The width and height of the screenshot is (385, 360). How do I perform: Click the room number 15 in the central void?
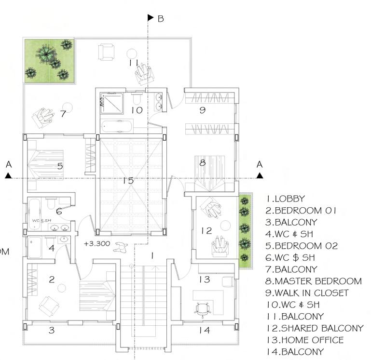pos(128,181)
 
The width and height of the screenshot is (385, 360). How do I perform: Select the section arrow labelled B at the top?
pos(150,18)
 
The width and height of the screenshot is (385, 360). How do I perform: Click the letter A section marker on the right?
pos(260,165)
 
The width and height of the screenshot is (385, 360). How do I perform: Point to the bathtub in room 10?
pos(116,127)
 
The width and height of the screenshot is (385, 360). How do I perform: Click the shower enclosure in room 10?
pos(111,102)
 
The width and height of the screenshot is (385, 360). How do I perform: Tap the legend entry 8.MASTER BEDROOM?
pos(314,281)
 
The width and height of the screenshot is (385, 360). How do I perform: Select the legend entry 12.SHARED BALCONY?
pos(315,328)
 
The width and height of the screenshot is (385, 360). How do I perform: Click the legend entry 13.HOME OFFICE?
pos(304,340)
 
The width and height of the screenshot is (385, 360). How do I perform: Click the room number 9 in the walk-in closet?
pos(203,110)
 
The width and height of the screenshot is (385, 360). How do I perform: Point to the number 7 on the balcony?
pos(63,114)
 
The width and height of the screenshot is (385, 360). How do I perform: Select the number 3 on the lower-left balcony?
pos(52,330)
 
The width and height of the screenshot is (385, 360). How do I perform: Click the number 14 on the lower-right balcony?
pos(205,330)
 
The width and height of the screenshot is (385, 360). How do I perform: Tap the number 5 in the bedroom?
pos(60,166)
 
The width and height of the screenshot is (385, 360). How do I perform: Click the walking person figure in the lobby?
pos(120,248)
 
